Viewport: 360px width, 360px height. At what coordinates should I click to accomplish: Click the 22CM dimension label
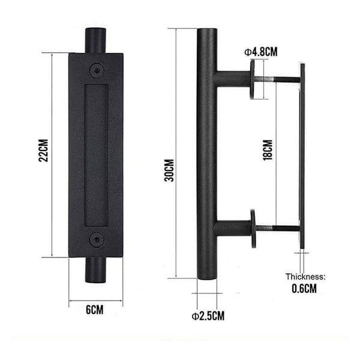(x=43, y=151)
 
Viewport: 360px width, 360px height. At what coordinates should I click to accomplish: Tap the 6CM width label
(x=95, y=310)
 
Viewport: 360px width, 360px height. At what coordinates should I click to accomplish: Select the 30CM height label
(x=169, y=170)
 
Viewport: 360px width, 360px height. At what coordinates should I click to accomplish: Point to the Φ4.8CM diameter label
(x=261, y=52)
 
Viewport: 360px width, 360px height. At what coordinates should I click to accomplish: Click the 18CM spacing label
(x=268, y=150)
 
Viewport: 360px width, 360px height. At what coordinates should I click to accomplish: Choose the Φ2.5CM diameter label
(x=208, y=316)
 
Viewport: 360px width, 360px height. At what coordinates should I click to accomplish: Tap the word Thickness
(x=305, y=277)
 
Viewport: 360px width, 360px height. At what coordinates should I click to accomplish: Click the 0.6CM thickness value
(x=304, y=289)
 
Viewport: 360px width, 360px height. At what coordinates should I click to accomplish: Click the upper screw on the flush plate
(x=97, y=70)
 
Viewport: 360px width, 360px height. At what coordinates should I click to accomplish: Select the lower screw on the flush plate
(x=97, y=239)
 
